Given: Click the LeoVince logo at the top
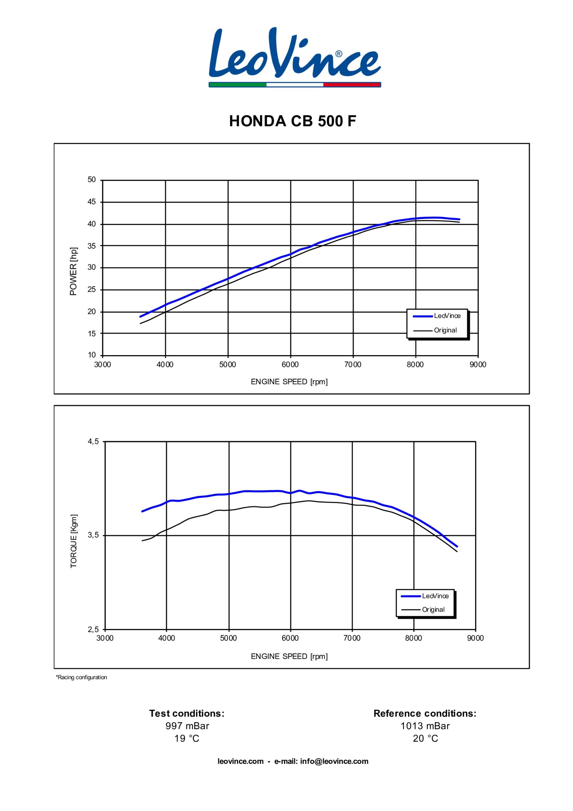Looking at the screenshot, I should pos(295,56).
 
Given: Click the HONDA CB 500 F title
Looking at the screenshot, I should pos(293,121).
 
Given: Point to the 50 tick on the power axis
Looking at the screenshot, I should pos(92,180).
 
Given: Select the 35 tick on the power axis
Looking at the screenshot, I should pos(92,246).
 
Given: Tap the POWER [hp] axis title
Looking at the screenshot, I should pos(73,271).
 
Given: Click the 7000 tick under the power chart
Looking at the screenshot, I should pos(353,365).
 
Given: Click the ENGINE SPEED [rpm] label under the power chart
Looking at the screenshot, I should pos(289,382).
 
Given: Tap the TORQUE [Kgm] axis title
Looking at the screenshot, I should pos(74,541).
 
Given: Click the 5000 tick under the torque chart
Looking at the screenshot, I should pos(229,638).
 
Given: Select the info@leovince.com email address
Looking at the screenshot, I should pos(334,762).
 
